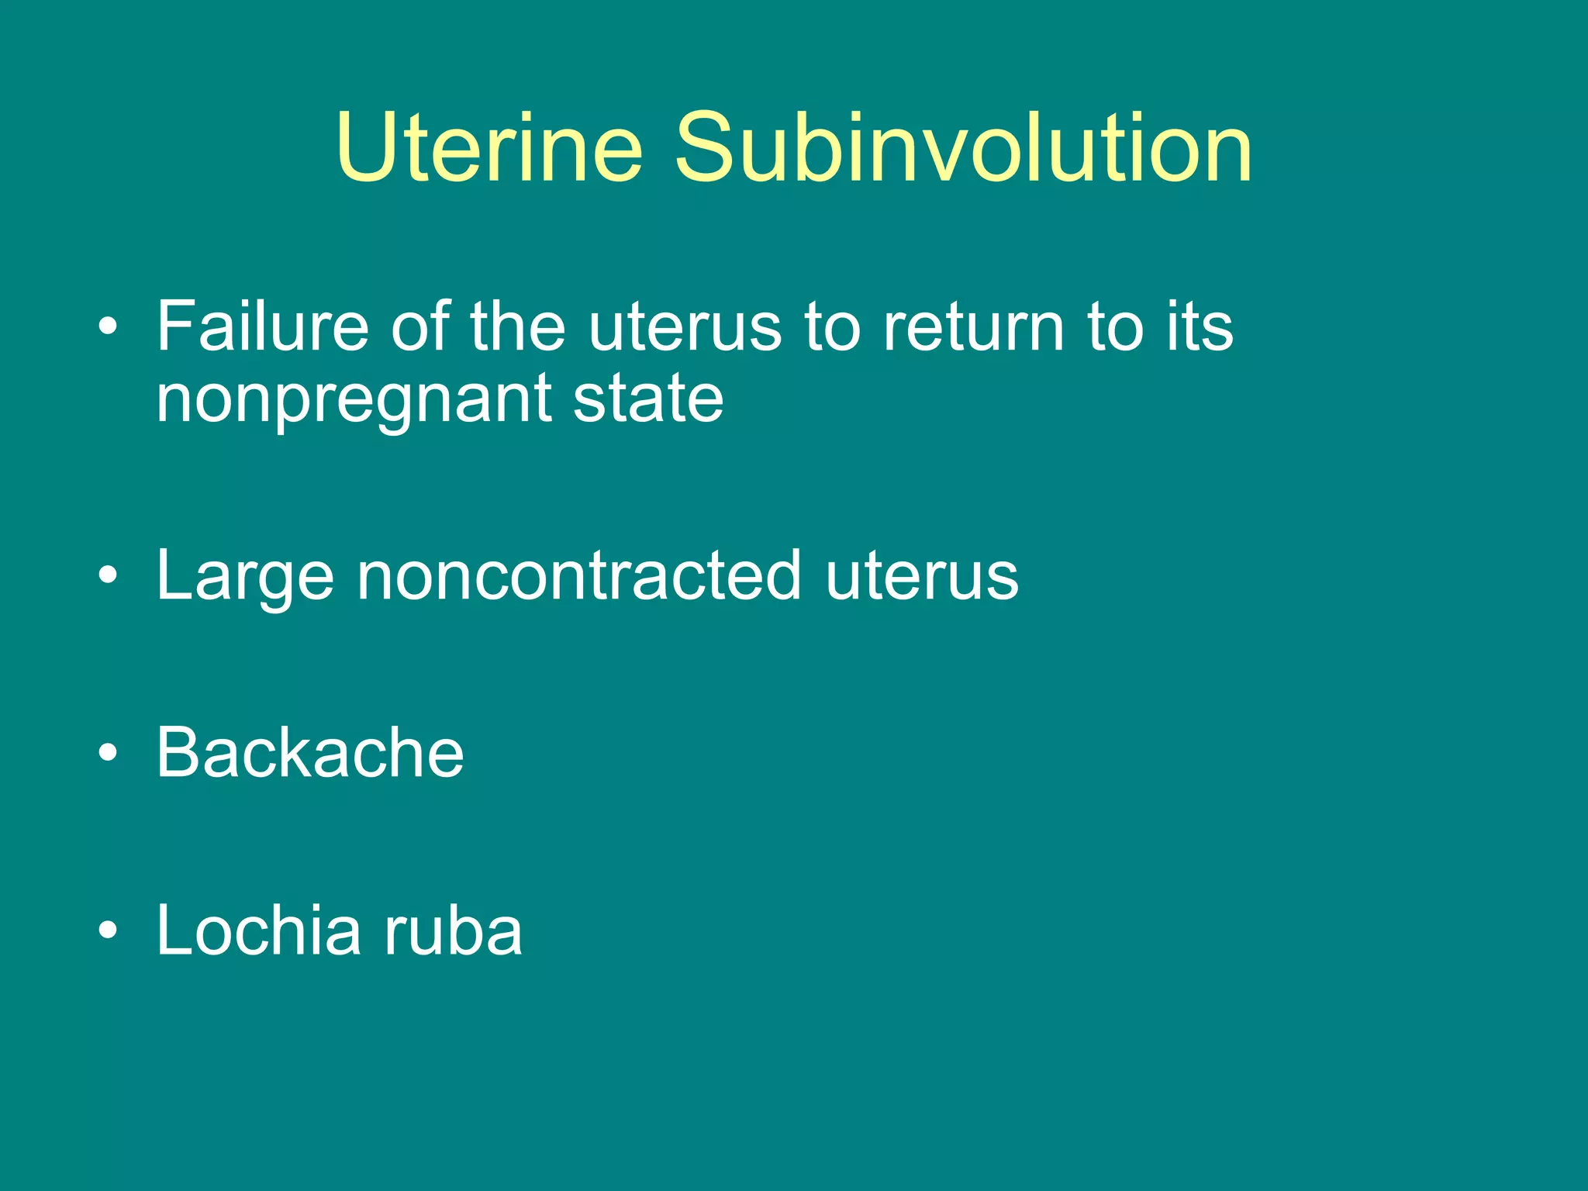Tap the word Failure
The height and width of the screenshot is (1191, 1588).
point(262,326)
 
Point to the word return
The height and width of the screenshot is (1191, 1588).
point(974,326)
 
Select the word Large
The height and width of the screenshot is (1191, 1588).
point(245,578)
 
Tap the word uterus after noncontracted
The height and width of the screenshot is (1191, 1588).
point(922,578)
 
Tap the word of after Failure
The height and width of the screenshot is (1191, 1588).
point(419,326)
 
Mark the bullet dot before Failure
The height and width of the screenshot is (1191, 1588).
point(109,327)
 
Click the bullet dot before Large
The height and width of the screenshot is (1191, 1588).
point(109,576)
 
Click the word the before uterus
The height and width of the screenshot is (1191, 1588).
point(517,326)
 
